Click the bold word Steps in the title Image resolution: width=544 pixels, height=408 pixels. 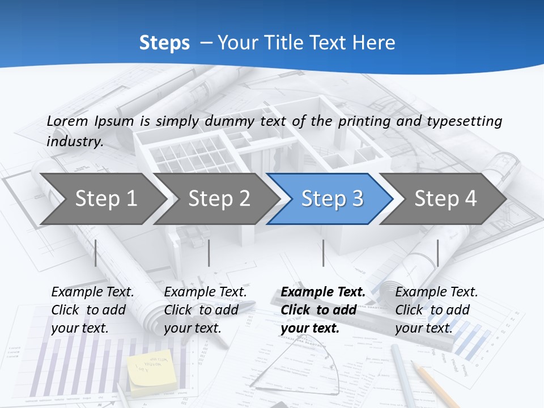[164, 42]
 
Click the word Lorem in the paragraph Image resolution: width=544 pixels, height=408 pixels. [67, 121]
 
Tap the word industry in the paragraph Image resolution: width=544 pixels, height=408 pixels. [74, 141]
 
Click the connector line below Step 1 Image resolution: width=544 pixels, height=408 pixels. [96, 253]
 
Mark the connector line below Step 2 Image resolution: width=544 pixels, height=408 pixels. [209, 253]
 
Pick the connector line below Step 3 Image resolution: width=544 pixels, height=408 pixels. [323, 253]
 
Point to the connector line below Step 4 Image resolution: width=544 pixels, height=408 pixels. [437, 253]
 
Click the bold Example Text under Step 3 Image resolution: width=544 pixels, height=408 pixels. [323, 292]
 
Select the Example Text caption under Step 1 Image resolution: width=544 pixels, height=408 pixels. [92, 292]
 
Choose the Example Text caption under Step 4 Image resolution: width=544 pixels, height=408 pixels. [436, 292]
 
